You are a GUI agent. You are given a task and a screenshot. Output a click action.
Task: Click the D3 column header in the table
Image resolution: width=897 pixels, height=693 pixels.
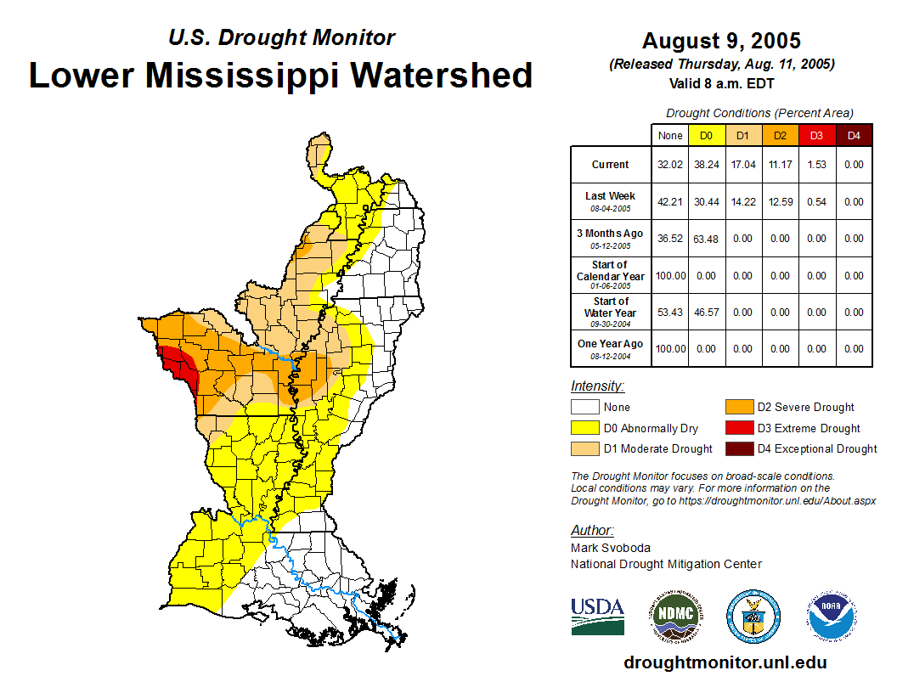coord(816,135)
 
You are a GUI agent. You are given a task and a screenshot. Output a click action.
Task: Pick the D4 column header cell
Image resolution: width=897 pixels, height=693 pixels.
coord(854,135)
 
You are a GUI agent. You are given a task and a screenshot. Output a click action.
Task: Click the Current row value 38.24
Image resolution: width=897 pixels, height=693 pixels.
coord(706,165)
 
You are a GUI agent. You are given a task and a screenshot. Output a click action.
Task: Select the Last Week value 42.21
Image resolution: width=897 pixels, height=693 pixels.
coord(669,202)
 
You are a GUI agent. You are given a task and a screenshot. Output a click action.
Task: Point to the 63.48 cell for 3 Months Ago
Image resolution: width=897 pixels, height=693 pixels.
coord(706,239)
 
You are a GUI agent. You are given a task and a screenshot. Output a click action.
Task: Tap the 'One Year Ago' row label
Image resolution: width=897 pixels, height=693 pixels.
coord(610,344)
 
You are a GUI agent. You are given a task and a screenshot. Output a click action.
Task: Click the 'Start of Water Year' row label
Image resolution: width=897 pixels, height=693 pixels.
coord(610,307)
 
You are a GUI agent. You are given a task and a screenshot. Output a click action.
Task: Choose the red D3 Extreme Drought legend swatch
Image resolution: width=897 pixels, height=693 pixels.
coord(737,428)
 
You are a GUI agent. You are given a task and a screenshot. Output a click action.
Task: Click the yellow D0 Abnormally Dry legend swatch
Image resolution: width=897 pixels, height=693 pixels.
coord(584,428)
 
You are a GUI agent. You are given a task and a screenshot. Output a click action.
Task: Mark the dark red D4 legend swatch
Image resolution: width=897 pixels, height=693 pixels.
coord(737,448)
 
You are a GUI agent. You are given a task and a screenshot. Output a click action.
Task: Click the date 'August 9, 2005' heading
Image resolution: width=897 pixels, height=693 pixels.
coord(721,41)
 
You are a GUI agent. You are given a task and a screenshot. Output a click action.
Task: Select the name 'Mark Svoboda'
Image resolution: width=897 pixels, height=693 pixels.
coord(610,548)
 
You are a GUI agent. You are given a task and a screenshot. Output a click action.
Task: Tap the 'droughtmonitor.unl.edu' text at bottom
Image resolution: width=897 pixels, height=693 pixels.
coord(725,662)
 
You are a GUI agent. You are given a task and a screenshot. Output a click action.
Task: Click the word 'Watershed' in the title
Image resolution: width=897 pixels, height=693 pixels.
coord(442,75)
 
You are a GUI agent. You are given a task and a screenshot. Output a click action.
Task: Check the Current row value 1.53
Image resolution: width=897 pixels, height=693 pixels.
coord(816,165)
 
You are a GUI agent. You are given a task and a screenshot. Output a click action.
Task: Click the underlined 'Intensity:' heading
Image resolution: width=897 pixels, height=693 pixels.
coord(597,386)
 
